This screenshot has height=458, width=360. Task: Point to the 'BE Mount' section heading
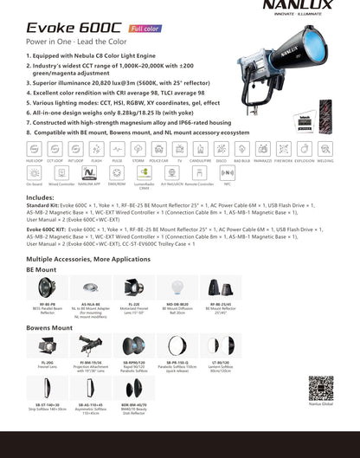click(x=42, y=270)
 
